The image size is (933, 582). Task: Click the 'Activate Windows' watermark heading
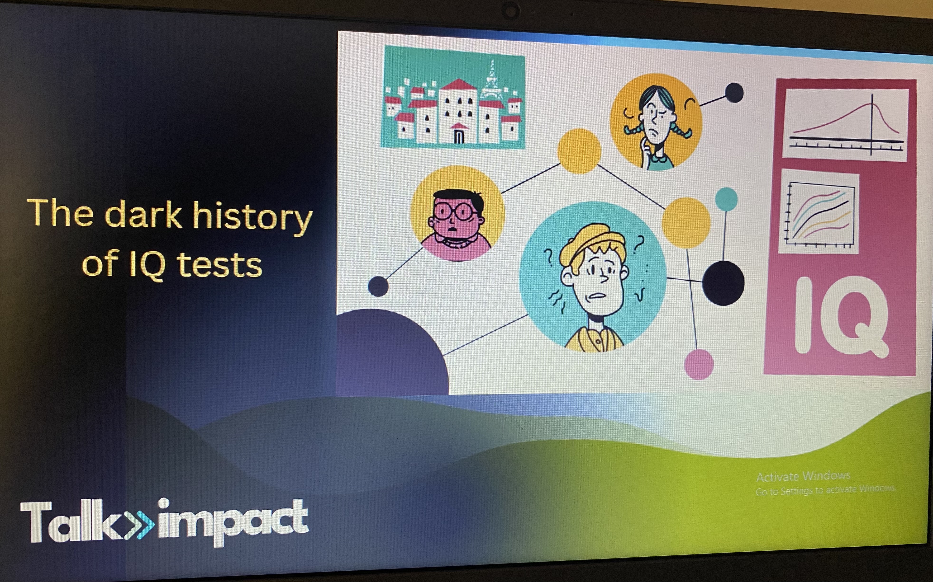point(803,477)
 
